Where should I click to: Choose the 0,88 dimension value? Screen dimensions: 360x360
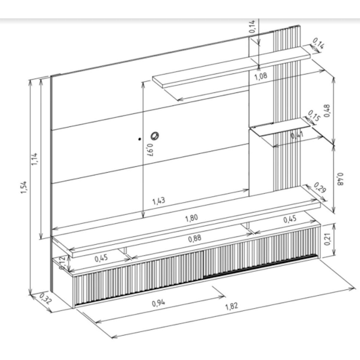(194, 240)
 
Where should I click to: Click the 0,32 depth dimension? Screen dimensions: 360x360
(45, 299)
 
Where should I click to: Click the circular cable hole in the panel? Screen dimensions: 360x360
(155, 135)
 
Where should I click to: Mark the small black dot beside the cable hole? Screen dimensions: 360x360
(139, 139)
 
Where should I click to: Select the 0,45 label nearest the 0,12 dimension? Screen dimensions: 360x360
(102, 258)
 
